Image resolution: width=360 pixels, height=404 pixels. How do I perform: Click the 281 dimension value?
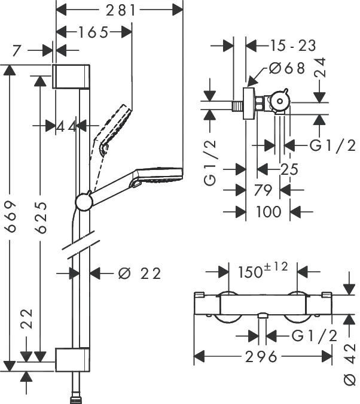pos(120,10)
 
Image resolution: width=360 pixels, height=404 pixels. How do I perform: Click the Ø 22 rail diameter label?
pos(140,274)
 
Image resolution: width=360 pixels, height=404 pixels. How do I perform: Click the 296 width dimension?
pos(262,357)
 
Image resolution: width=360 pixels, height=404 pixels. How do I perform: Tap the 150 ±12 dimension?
pos(263,272)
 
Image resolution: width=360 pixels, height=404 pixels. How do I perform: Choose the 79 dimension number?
pos(263,190)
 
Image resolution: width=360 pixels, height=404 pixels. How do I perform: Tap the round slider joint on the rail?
pos(84,202)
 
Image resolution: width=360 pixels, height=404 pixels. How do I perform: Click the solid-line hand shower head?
pos(158,176)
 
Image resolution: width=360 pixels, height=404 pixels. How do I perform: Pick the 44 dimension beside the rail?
pos(68,126)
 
